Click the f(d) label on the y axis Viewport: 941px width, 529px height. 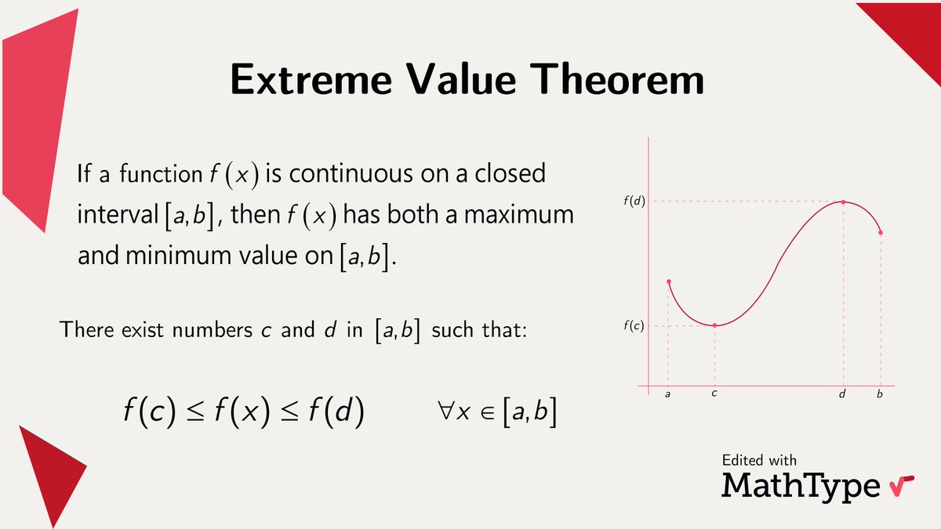[634, 201]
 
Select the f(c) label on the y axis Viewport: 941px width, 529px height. [634, 325]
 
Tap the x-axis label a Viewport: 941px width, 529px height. [667, 395]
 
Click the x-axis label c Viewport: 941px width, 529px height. [714, 394]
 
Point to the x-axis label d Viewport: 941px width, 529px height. [842, 394]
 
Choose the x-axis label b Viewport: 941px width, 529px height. [880, 394]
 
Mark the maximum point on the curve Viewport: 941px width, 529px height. [843, 202]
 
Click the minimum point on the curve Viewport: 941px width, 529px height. [714, 324]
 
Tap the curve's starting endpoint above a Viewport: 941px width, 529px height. [668, 281]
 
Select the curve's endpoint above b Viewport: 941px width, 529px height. [881, 232]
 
